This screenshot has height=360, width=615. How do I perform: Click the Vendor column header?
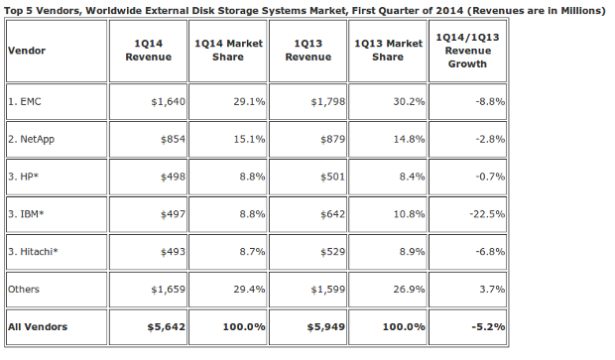(x=27, y=51)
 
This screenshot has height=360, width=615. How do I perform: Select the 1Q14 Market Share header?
(x=228, y=51)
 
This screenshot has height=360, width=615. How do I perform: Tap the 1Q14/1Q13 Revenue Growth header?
(x=467, y=51)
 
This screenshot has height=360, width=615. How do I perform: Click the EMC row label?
(x=25, y=101)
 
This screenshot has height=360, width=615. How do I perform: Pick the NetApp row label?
(x=31, y=139)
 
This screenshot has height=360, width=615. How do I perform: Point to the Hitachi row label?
(x=33, y=251)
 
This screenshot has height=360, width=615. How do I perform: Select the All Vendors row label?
(x=38, y=326)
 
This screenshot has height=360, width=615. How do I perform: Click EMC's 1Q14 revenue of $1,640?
(x=169, y=102)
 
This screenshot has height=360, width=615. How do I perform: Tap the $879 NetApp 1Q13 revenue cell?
(x=332, y=139)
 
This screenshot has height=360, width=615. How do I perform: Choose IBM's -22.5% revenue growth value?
(x=487, y=214)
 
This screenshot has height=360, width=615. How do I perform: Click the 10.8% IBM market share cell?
(x=409, y=214)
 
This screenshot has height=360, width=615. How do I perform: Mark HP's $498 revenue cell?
(x=173, y=177)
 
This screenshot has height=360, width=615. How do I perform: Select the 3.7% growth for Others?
(x=492, y=289)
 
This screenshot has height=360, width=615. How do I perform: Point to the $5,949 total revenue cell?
(x=326, y=327)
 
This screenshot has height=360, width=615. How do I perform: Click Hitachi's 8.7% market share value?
(x=252, y=251)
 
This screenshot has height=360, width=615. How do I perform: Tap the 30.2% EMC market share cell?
(x=409, y=101)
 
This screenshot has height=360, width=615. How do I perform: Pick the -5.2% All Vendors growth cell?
(x=488, y=326)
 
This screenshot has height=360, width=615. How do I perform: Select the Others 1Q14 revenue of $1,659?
(x=169, y=290)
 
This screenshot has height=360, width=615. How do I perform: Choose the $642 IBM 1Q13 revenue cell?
(x=332, y=214)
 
